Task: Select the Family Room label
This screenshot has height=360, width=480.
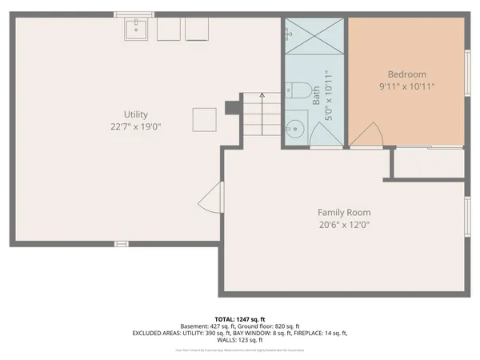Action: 344,212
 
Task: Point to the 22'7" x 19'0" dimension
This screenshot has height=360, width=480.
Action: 135,126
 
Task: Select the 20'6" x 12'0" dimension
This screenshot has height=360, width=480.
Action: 344,225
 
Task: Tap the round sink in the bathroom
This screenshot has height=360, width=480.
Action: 296,126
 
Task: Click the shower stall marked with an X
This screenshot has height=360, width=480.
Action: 313,35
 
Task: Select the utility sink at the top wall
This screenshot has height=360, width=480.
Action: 137,29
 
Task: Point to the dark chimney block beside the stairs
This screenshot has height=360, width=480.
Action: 233,106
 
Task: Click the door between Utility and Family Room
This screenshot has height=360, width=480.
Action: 211,197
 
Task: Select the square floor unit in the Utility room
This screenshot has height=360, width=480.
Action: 203,120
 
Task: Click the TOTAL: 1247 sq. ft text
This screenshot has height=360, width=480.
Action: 240,318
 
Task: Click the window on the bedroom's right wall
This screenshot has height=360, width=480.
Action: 467,74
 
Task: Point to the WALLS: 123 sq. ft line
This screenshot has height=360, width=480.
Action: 240,339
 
